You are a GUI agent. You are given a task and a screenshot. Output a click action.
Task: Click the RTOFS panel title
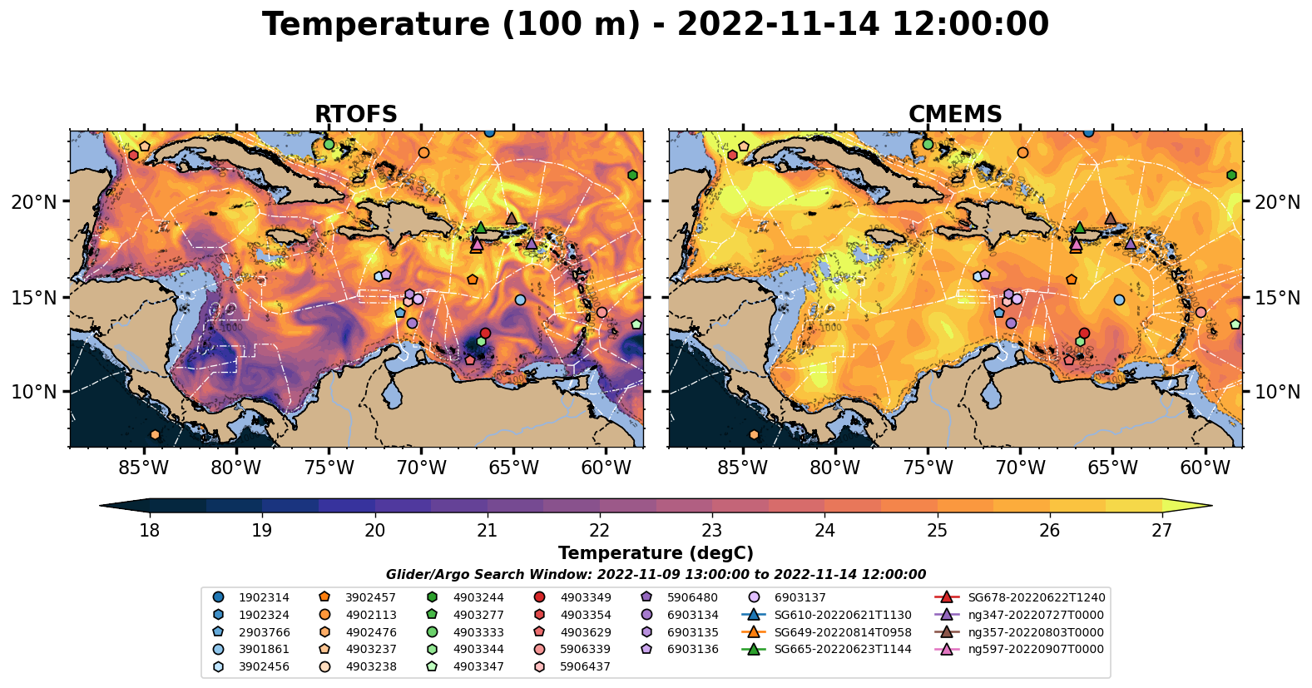click(x=355, y=115)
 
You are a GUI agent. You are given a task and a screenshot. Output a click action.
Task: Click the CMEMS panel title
click(x=954, y=115)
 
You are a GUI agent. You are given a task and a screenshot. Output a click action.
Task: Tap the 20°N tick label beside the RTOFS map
click(x=34, y=202)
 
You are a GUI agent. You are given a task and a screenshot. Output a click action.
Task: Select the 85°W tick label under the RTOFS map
click(x=144, y=468)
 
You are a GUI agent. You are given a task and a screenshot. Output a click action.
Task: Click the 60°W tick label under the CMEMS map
click(x=1205, y=468)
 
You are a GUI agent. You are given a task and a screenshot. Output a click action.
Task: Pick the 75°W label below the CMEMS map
click(x=928, y=468)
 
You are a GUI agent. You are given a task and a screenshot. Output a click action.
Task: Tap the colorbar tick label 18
click(x=150, y=531)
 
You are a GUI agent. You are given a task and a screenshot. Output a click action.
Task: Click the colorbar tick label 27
click(x=1161, y=531)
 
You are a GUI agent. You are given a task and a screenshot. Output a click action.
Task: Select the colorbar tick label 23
click(x=712, y=531)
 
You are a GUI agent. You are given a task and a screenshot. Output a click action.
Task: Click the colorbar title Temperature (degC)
click(x=656, y=553)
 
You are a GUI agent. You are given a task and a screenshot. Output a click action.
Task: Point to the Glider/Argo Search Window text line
click(x=656, y=575)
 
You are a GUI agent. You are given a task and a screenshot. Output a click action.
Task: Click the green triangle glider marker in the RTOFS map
click(x=480, y=227)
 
